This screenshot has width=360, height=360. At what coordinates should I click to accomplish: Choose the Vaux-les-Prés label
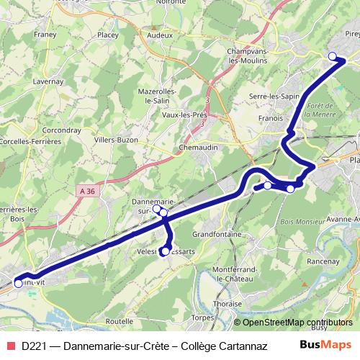[184, 114]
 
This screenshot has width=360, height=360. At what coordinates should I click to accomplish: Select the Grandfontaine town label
[220, 234]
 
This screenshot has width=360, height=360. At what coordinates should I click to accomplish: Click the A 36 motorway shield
[87, 190]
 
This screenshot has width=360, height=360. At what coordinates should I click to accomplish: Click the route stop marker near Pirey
[332, 56]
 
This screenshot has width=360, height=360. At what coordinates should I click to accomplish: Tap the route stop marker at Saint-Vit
[19, 283]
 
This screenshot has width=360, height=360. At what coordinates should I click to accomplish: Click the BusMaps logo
[326, 346]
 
